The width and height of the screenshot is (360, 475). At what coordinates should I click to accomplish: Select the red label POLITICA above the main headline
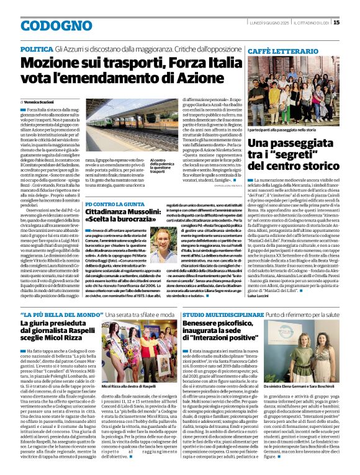(x=36, y=48)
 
